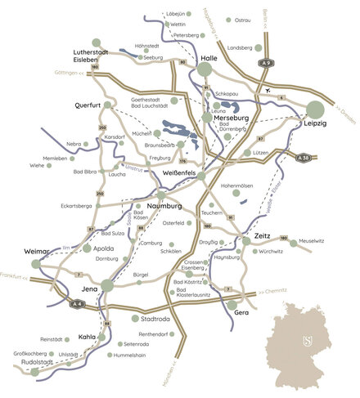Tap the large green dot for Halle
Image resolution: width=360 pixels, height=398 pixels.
pyautogui.click(x=205, y=71)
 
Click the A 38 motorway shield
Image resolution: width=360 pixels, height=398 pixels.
pyautogui.click(x=304, y=158)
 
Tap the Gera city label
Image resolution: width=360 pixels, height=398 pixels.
pyautogui.click(x=239, y=312)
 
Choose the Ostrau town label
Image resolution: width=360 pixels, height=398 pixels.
pyautogui.click(x=241, y=20)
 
